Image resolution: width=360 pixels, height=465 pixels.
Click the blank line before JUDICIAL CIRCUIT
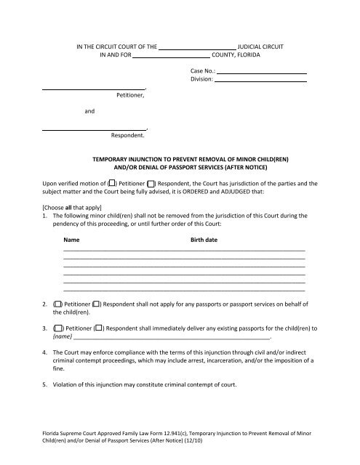click(201, 46)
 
